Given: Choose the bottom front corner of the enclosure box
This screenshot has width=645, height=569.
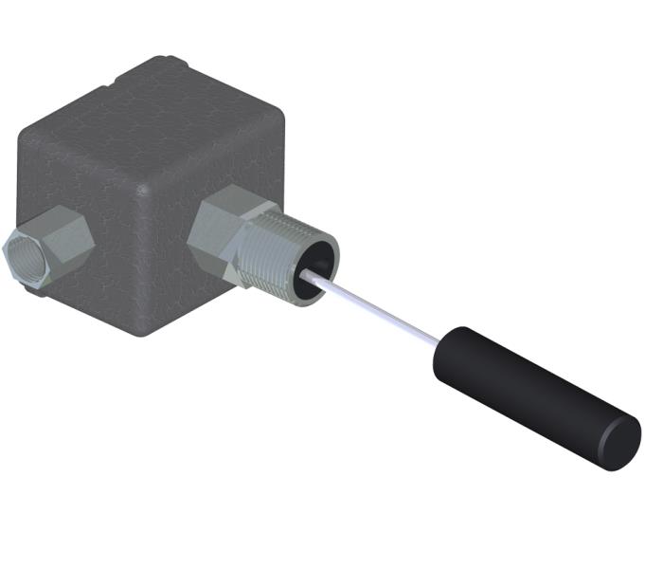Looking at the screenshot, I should click(139, 334).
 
